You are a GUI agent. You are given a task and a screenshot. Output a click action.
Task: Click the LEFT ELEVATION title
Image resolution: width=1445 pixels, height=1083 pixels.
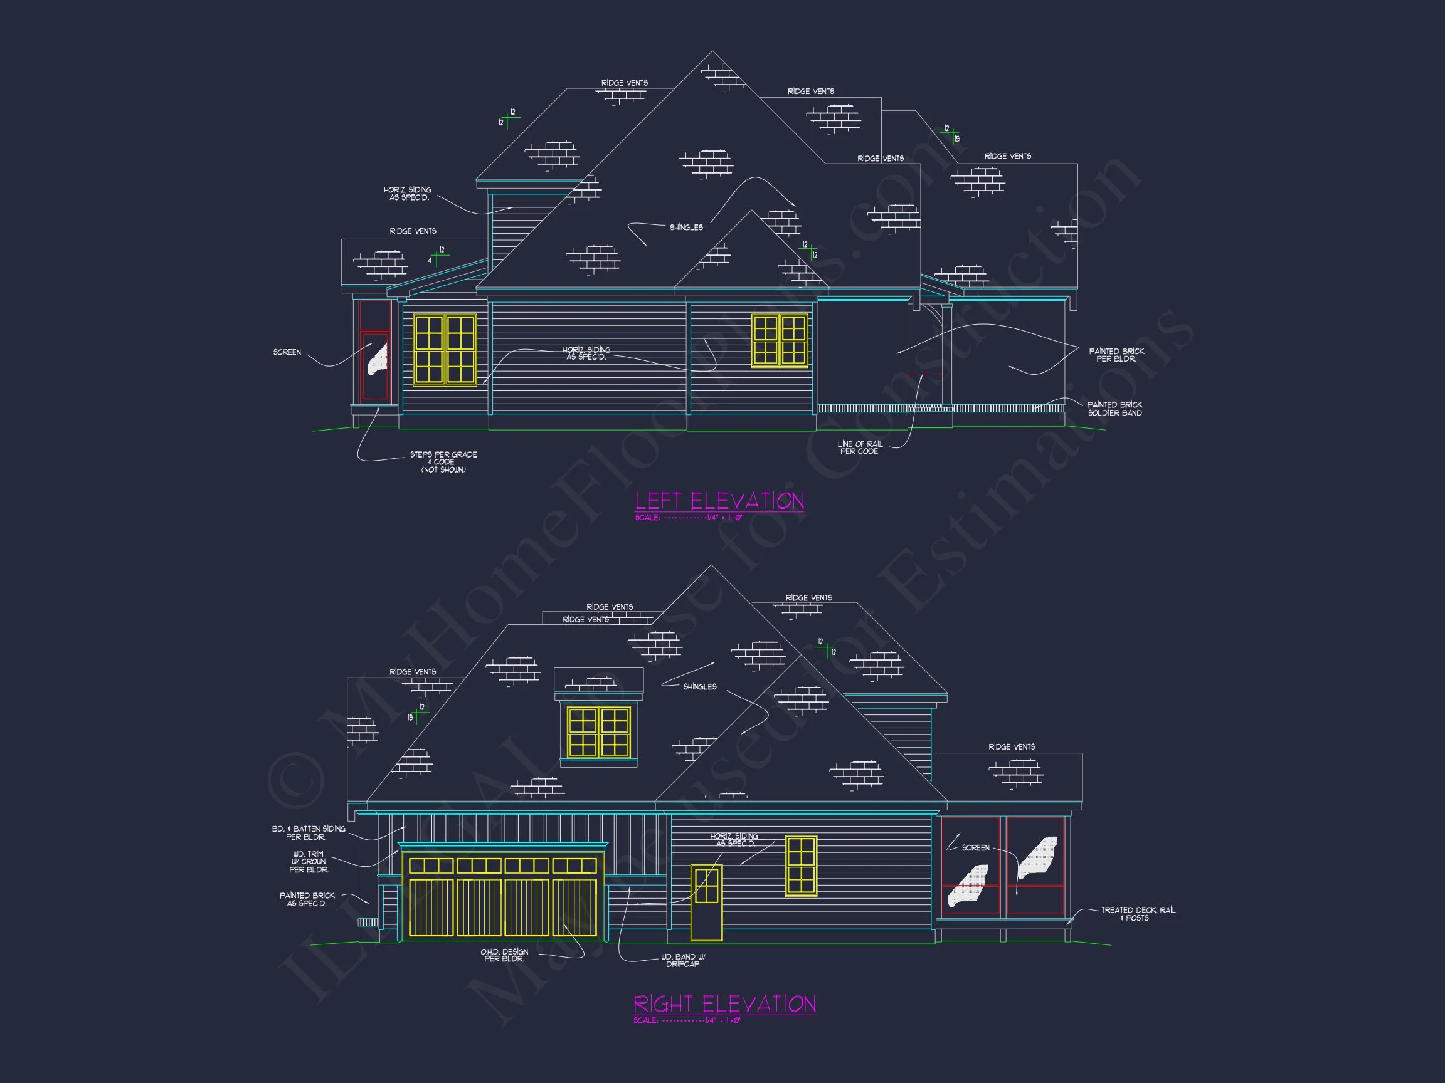pos(719,501)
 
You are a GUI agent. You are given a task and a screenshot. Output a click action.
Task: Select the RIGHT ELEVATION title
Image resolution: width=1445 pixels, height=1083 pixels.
pos(724,1003)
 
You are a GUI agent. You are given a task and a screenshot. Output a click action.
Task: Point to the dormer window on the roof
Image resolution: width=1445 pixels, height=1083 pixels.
pos(598,731)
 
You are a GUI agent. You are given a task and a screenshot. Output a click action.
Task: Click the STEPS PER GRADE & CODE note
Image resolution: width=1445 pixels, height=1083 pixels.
pos(443,461)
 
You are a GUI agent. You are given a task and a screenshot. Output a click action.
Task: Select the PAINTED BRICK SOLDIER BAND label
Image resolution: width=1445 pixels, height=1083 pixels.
pos(1114,409)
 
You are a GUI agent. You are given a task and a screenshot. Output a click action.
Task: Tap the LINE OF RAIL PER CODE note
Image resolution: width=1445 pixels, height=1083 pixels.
pos(860,447)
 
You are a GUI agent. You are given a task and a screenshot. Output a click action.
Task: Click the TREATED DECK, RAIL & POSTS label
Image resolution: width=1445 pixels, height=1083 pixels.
pos(1138,913)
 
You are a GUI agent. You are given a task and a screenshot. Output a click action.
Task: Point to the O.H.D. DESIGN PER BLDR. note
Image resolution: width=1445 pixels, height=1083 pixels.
pos(504,955)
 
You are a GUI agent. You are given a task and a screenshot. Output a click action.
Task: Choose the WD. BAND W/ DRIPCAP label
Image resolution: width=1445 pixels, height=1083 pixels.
pos(682,960)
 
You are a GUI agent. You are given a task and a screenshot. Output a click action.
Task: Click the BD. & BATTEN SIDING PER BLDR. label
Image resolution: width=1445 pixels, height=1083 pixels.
pos(309,832)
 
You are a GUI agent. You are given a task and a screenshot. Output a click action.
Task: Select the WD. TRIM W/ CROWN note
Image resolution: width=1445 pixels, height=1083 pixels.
pos(309,862)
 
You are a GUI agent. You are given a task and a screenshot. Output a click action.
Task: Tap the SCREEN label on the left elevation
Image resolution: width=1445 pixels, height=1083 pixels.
pos(287,352)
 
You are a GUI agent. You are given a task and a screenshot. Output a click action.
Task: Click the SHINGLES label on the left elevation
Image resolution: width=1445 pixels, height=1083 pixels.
pos(686,227)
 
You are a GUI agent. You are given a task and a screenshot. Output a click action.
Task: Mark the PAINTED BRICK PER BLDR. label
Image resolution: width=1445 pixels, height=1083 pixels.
pos(1116,355)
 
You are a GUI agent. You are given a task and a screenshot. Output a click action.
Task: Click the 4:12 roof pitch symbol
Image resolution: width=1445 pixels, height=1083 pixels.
pos(437,256)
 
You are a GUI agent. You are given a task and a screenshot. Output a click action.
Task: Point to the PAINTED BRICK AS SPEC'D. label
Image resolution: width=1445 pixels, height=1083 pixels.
pos(307,899)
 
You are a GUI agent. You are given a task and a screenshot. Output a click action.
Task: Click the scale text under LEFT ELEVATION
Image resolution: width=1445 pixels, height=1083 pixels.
pos(689,518)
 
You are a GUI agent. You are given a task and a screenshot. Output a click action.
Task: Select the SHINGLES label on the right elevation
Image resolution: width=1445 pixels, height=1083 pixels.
pos(700,687)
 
